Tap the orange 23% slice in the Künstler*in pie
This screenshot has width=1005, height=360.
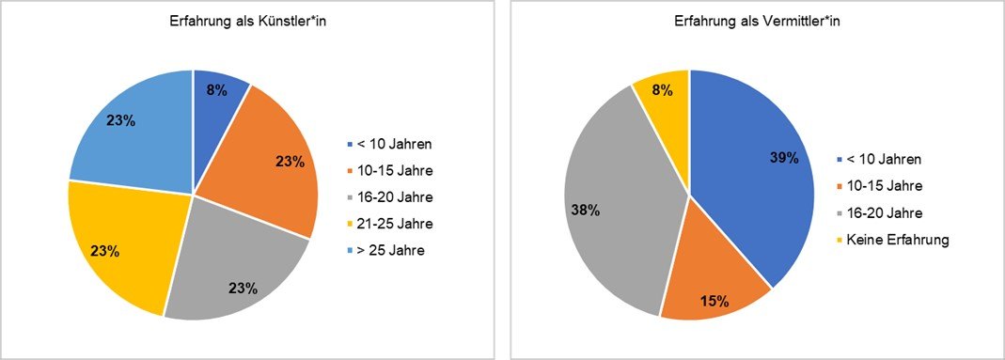click(x=273, y=179)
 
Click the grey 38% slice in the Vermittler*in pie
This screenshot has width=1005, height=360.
click(x=620, y=207)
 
